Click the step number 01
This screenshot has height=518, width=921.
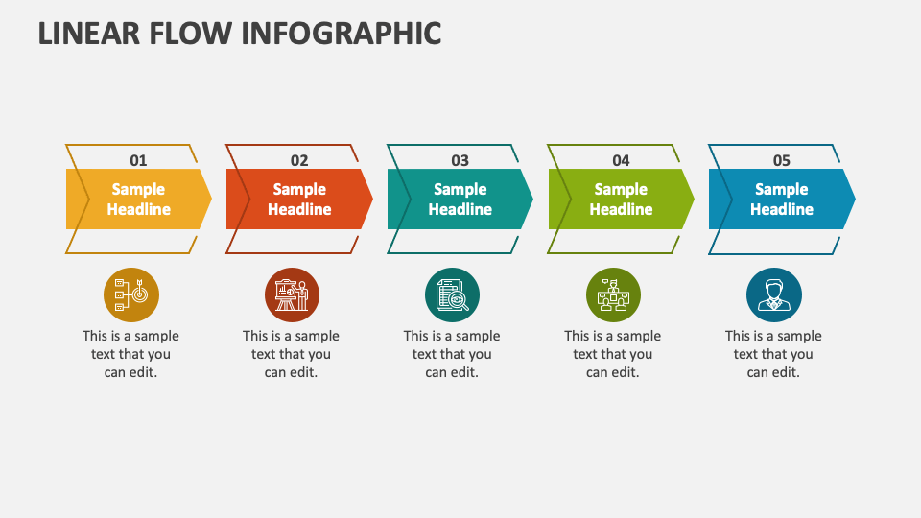(138, 160)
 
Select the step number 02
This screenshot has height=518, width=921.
(299, 160)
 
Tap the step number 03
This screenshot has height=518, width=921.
(460, 160)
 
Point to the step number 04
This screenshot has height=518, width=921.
(621, 160)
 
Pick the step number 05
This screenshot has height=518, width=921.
(781, 160)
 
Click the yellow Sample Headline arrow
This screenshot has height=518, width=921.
(138, 200)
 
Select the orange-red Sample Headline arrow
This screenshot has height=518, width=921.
(299, 200)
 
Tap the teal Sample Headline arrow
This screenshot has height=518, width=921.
(460, 200)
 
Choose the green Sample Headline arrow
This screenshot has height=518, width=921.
(622, 200)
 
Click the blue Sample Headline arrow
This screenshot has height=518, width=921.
(782, 200)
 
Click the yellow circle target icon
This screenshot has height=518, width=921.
(131, 294)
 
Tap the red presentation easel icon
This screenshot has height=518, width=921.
(292, 294)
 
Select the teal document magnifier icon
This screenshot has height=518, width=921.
(452, 294)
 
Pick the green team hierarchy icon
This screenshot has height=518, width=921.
(613, 294)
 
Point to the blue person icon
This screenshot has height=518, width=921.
(774, 294)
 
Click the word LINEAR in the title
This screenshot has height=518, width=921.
(89, 34)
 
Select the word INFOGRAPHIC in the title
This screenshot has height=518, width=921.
(342, 34)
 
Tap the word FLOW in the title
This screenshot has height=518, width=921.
(191, 34)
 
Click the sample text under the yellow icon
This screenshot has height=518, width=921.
(131, 354)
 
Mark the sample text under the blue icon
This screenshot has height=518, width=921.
(773, 354)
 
